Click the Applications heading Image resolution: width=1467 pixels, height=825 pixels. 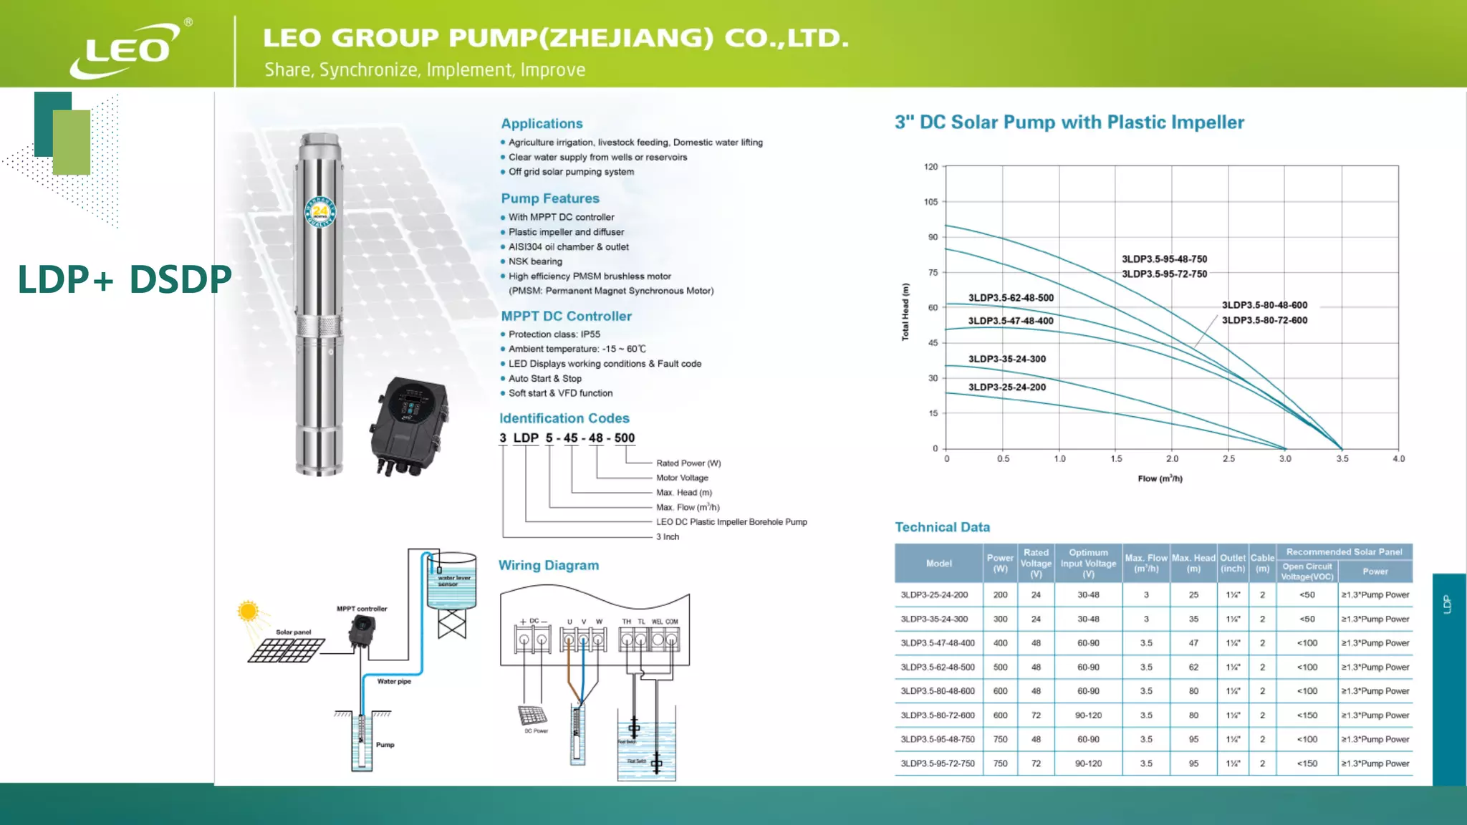[x=542, y=123]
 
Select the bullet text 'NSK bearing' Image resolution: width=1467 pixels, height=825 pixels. [x=535, y=261]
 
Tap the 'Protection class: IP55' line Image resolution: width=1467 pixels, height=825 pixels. [x=554, y=334]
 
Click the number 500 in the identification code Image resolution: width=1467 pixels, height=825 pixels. [x=624, y=438]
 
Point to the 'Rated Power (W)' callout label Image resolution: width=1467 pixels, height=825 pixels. [x=688, y=463]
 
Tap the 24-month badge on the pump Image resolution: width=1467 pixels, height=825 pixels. [x=319, y=211]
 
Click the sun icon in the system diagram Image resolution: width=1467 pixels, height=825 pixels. [x=248, y=611]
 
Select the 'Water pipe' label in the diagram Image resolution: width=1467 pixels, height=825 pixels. [x=394, y=682]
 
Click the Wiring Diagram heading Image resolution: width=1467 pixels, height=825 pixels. [x=548, y=565]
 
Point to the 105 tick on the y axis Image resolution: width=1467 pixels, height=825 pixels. [x=930, y=202]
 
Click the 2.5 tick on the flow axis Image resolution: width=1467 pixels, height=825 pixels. [x=1228, y=459]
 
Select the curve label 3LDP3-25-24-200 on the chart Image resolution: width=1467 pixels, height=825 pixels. [x=1006, y=387]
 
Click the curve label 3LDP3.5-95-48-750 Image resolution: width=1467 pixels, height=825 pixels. [x=1164, y=259]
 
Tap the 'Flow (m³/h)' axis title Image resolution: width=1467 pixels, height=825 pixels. [x=1160, y=478]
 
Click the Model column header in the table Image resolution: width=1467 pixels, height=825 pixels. [x=938, y=564]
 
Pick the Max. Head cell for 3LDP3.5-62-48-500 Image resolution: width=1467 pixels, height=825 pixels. [x=1193, y=667]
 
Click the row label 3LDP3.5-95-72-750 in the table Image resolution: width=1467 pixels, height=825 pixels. [x=937, y=763]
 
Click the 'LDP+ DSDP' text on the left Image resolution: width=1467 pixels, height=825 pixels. [x=125, y=279]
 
